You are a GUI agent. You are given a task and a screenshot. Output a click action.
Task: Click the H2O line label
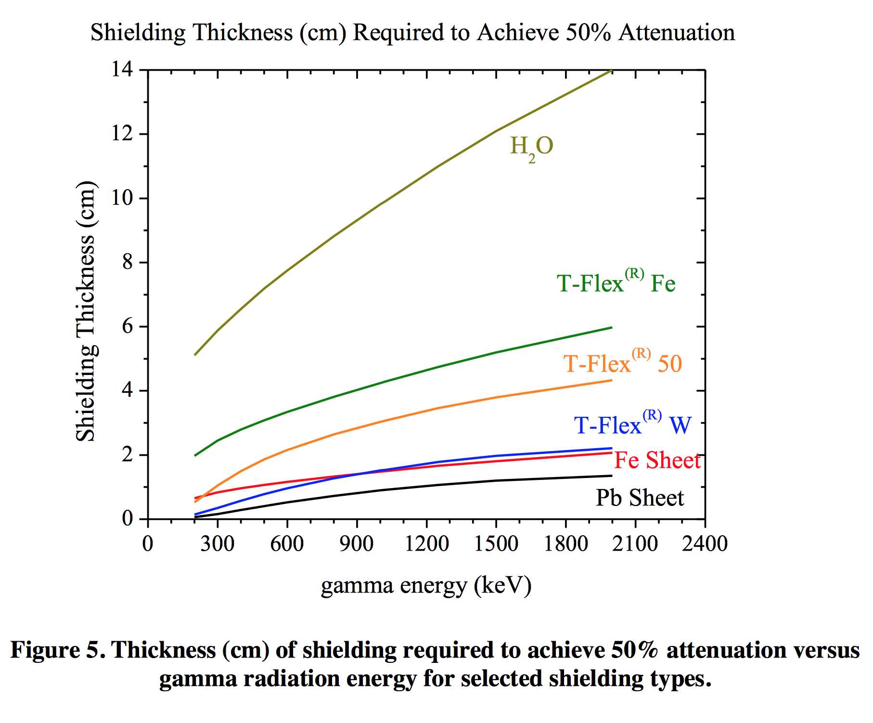(x=531, y=146)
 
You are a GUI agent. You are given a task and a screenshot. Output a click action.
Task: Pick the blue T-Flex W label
(x=632, y=425)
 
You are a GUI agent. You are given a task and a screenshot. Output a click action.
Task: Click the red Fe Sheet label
(x=657, y=460)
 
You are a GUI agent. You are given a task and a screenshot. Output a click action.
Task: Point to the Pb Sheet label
(x=640, y=498)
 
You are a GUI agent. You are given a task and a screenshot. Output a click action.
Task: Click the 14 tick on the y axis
(x=122, y=70)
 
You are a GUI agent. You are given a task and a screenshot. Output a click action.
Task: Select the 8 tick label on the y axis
(x=127, y=262)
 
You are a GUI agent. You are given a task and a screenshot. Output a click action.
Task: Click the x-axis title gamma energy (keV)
(x=426, y=586)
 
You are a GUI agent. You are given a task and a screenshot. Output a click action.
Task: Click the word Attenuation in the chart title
(x=677, y=33)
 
